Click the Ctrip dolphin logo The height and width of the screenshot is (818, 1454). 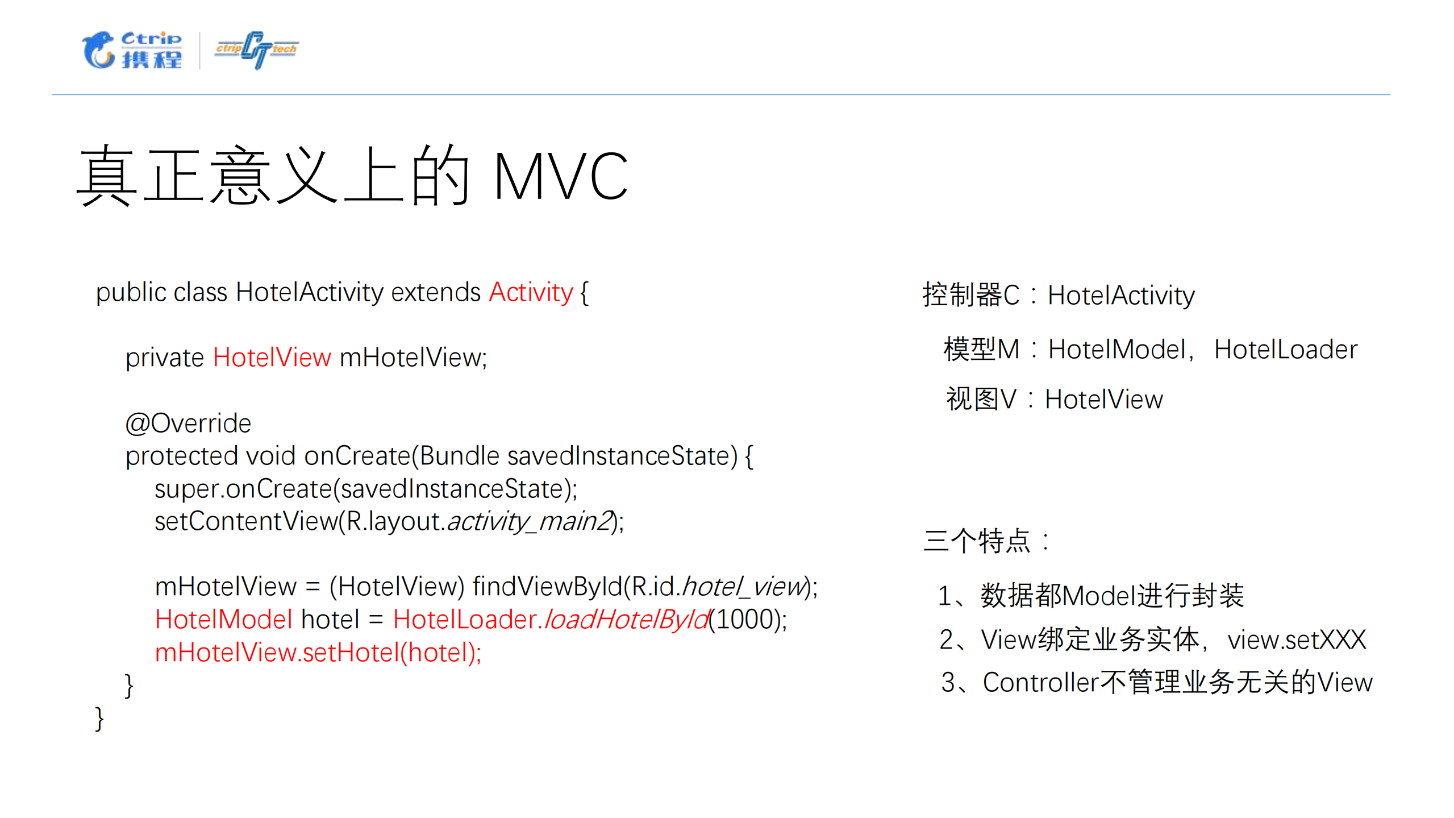coord(132,50)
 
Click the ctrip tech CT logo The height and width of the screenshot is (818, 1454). coord(256,50)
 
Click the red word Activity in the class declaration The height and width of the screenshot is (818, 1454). coord(531,293)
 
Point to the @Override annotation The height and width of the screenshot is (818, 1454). coord(188,423)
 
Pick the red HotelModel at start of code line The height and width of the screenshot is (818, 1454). coord(224,620)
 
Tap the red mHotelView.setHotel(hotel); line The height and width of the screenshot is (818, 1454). coord(318,653)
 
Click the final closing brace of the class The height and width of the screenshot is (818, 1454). coord(99,719)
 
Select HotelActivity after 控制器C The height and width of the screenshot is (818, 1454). coord(1120,296)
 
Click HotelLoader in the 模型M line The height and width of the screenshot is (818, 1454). coord(1285,350)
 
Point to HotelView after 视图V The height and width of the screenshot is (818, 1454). coord(1103,400)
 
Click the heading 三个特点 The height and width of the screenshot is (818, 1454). coord(977,541)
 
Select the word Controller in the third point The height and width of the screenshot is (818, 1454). coord(1041,683)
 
